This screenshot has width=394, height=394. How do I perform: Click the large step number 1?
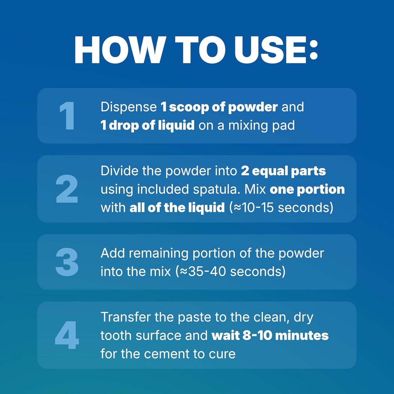point(67,116)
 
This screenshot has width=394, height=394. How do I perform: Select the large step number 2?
point(67,189)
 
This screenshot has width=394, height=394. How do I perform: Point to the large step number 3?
point(67,262)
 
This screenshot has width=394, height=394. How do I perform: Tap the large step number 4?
point(67,335)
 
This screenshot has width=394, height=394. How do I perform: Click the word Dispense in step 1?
point(128,107)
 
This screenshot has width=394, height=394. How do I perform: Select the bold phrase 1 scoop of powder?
point(219,107)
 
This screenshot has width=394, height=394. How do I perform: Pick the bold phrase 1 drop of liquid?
point(147,125)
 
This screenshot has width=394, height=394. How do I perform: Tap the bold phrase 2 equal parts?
point(283,171)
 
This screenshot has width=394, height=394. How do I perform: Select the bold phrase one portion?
point(307,189)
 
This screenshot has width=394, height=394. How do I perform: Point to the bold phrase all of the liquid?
point(177,207)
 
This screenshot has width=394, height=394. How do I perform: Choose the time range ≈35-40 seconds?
point(231,272)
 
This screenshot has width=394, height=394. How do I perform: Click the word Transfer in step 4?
point(125,317)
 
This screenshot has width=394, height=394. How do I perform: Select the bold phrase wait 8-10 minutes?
point(270,335)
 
